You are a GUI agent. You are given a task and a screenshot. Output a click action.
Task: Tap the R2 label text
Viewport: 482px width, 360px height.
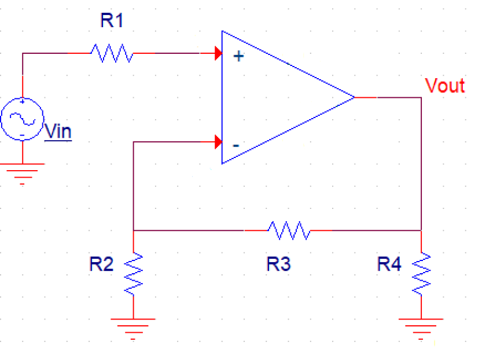point(101,265)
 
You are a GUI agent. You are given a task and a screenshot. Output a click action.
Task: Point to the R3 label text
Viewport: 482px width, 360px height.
point(278,265)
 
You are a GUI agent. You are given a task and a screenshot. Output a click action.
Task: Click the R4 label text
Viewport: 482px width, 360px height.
point(389,265)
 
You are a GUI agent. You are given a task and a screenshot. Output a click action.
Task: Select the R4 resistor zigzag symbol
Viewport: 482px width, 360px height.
point(421,273)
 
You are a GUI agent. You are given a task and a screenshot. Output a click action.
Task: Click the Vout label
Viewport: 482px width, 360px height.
point(444,86)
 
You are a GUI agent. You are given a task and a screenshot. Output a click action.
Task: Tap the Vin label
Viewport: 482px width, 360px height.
point(58,131)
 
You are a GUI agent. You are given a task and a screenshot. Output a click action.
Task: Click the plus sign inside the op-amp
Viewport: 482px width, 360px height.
point(237,57)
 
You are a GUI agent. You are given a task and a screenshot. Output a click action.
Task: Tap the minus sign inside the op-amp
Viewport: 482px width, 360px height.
point(236,145)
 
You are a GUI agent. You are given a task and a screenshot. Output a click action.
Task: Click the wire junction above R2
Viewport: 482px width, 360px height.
point(134,230)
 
